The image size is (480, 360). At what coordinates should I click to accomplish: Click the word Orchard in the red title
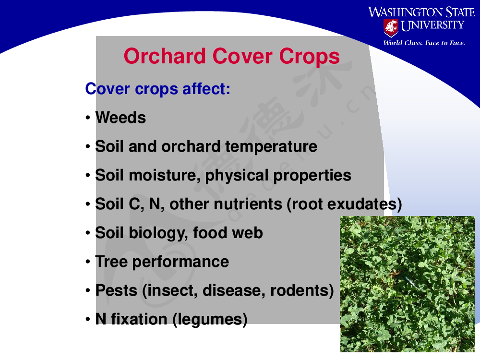pos(164,56)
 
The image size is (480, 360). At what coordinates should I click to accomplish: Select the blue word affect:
pos(206,89)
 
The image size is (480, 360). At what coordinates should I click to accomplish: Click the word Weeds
pos(120,118)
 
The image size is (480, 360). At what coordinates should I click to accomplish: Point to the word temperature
pos(271,147)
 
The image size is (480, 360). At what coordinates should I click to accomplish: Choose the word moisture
pos(162,175)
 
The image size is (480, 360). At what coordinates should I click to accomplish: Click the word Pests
pos(116,290)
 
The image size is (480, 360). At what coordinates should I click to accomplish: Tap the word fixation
pos(139,319)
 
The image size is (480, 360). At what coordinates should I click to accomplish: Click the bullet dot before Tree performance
pos(88,262)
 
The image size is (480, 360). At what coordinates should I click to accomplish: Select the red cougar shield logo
pos(391,27)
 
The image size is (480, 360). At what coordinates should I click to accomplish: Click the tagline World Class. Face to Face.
pos(424,43)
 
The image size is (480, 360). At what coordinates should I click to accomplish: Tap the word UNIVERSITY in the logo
pos(432,25)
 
